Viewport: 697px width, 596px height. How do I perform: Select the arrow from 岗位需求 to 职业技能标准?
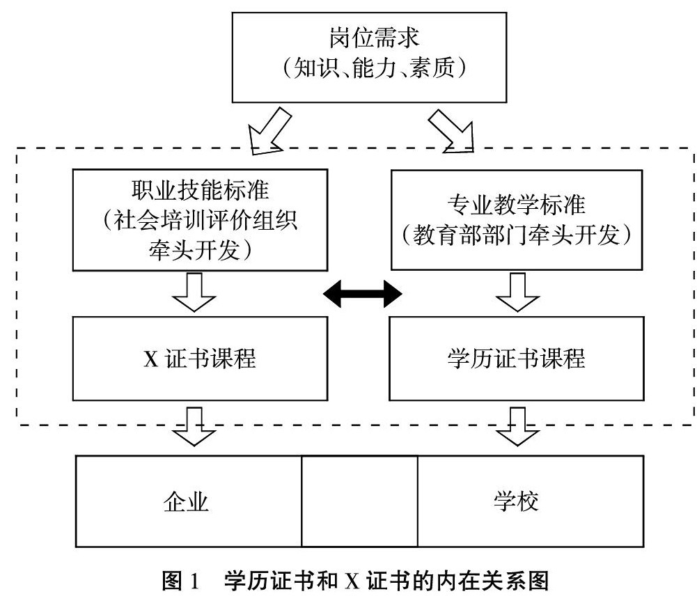coord(268,131)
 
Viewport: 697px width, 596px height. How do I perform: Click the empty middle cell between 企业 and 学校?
coord(359,501)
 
